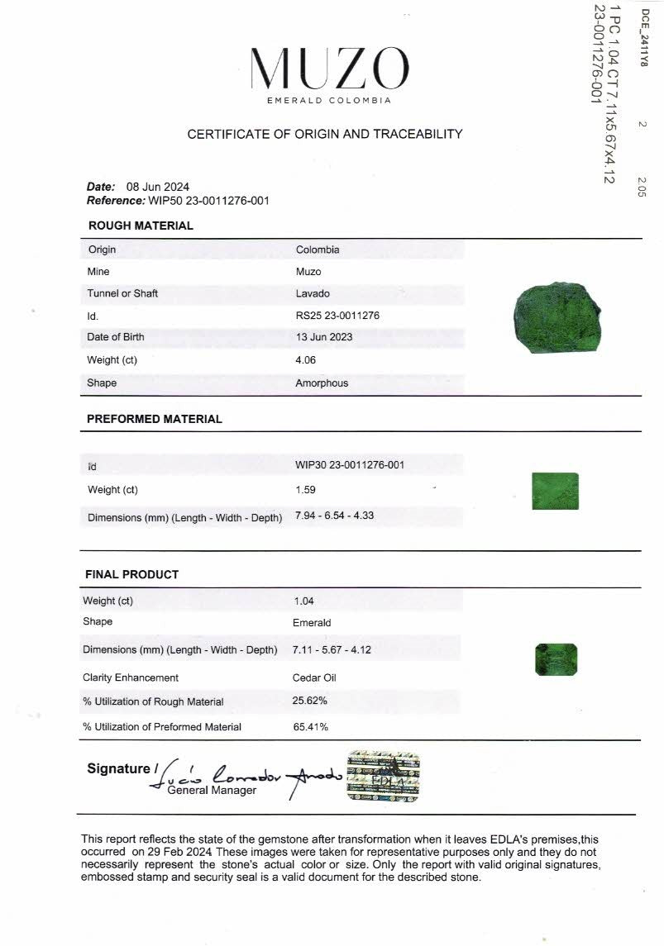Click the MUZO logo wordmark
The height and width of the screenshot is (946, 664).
pyautogui.click(x=329, y=69)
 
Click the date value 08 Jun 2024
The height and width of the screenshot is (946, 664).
pyautogui.click(x=157, y=187)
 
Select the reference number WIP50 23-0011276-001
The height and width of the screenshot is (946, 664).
pyautogui.click(x=208, y=200)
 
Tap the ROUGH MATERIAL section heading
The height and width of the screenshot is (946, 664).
pyautogui.click(x=141, y=226)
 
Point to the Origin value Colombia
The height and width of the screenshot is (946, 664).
pyautogui.click(x=318, y=250)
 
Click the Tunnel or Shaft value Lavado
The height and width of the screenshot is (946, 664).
pyautogui.click(x=313, y=293)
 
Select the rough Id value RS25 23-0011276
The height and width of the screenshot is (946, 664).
pyautogui.click(x=337, y=316)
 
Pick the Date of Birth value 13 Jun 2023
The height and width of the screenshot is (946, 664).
pyautogui.click(x=323, y=337)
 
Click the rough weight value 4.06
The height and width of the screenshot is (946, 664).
pyautogui.click(x=305, y=360)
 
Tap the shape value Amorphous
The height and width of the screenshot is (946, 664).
pyautogui.click(x=322, y=383)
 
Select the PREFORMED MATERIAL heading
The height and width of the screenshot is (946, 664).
pyautogui.click(x=155, y=419)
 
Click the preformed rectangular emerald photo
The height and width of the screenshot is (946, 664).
pyautogui.click(x=554, y=491)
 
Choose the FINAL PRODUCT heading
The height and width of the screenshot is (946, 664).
pyautogui.click(x=132, y=574)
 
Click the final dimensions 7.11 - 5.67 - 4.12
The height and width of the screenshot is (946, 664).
pyautogui.click(x=332, y=649)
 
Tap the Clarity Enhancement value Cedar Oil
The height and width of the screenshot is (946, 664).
pyautogui.click(x=314, y=677)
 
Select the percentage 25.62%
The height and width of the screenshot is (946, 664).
pyautogui.click(x=310, y=701)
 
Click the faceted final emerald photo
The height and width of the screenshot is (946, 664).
pyautogui.click(x=556, y=658)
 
